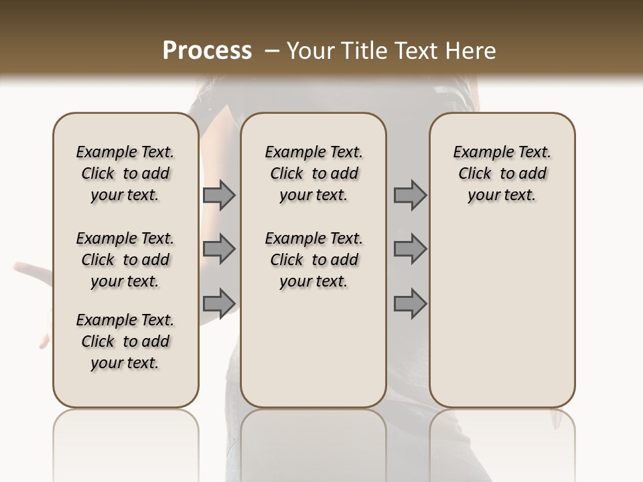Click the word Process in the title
[x=207, y=51]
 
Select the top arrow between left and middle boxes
[x=219, y=195]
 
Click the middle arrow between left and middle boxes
[x=219, y=250]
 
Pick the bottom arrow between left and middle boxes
[x=219, y=303]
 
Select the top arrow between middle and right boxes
[x=410, y=195]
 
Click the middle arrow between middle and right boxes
[x=410, y=250]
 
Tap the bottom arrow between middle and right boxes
[x=410, y=303]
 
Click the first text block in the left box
[x=125, y=173]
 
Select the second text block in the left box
[x=125, y=260]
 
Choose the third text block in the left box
[x=125, y=341]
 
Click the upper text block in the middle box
[x=313, y=173]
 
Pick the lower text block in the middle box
[x=313, y=260]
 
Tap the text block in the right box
[x=502, y=173]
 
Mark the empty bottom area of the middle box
[x=313, y=355]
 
